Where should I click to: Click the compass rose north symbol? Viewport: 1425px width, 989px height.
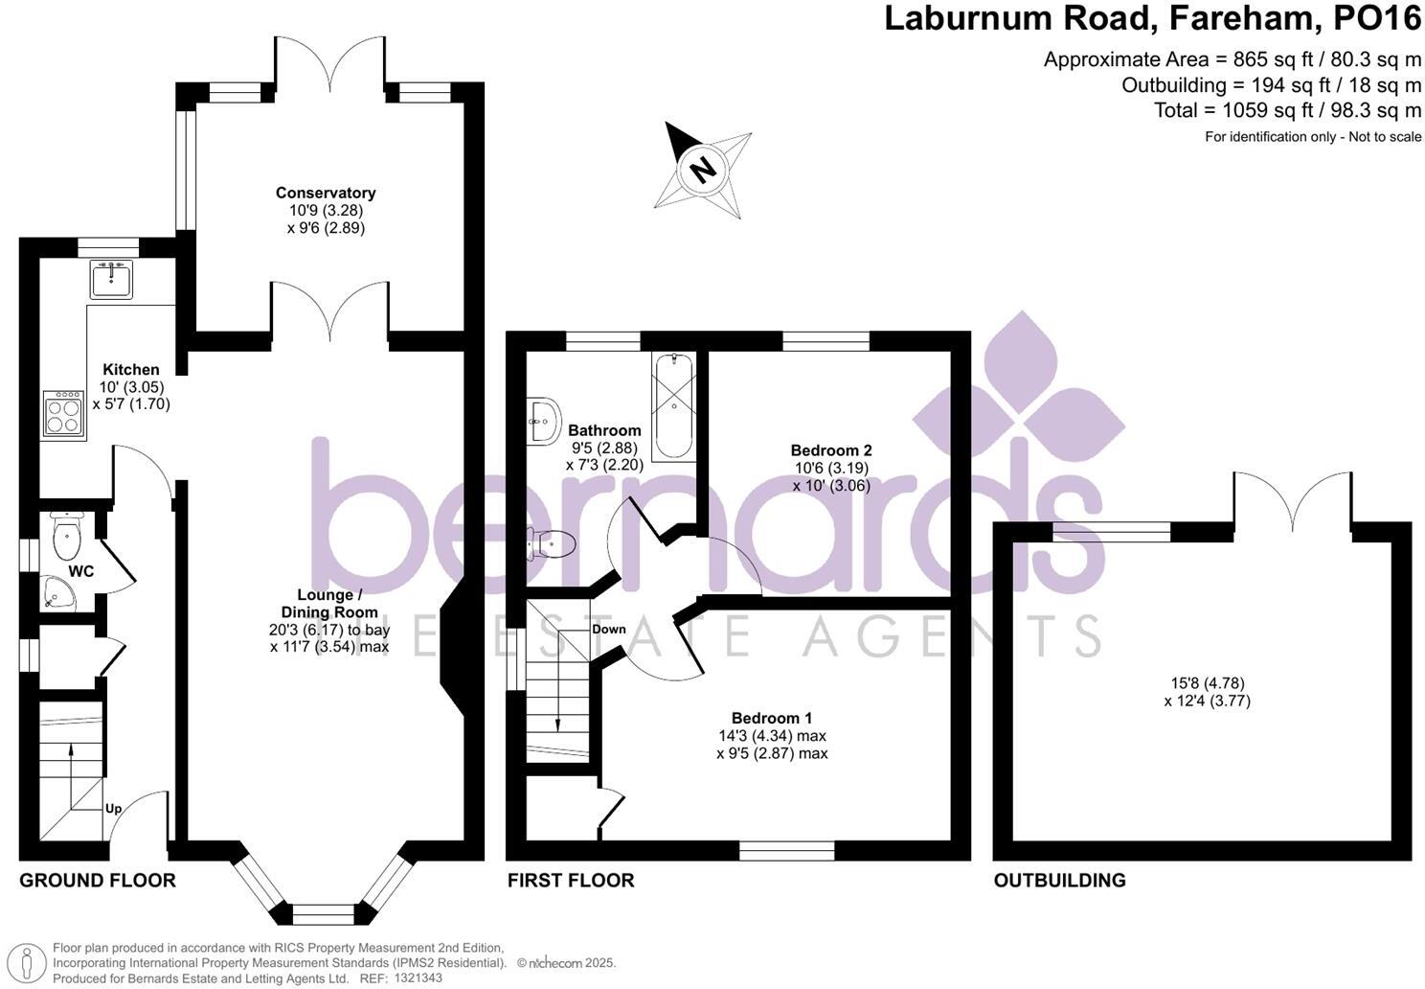[x=704, y=170]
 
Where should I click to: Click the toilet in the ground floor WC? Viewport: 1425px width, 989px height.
[x=68, y=540]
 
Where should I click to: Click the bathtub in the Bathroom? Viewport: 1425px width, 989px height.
[x=676, y=406]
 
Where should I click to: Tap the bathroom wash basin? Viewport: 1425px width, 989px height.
[x=543, y=421]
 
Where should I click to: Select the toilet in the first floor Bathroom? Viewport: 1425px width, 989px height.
[x=553, y=545]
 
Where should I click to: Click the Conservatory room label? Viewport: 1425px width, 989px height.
[x=326, y=194]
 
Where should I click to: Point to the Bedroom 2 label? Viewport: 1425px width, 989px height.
[x=830, y=450]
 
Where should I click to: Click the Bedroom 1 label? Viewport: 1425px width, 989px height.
[x=772, y=719]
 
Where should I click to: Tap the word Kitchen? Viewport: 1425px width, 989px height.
[x=131, y=370]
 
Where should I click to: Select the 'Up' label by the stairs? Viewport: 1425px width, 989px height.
[x=113, y=809]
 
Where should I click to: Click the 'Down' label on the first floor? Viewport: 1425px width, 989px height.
[x=608, y=630]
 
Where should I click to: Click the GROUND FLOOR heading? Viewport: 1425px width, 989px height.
[x=98, y=881]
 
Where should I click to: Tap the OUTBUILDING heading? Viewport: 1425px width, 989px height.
[x=1059, y=881]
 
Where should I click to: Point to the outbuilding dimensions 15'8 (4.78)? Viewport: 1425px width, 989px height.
[x=1207, y=683]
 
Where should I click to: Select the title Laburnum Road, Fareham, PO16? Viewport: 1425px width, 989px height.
[x=1152, y=19]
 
